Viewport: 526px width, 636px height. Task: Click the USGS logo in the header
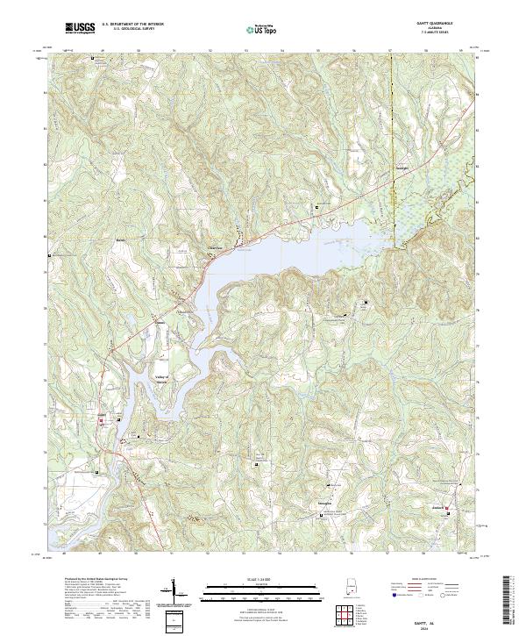click(80, 28)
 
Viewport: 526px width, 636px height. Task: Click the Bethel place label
click(122, 239)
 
